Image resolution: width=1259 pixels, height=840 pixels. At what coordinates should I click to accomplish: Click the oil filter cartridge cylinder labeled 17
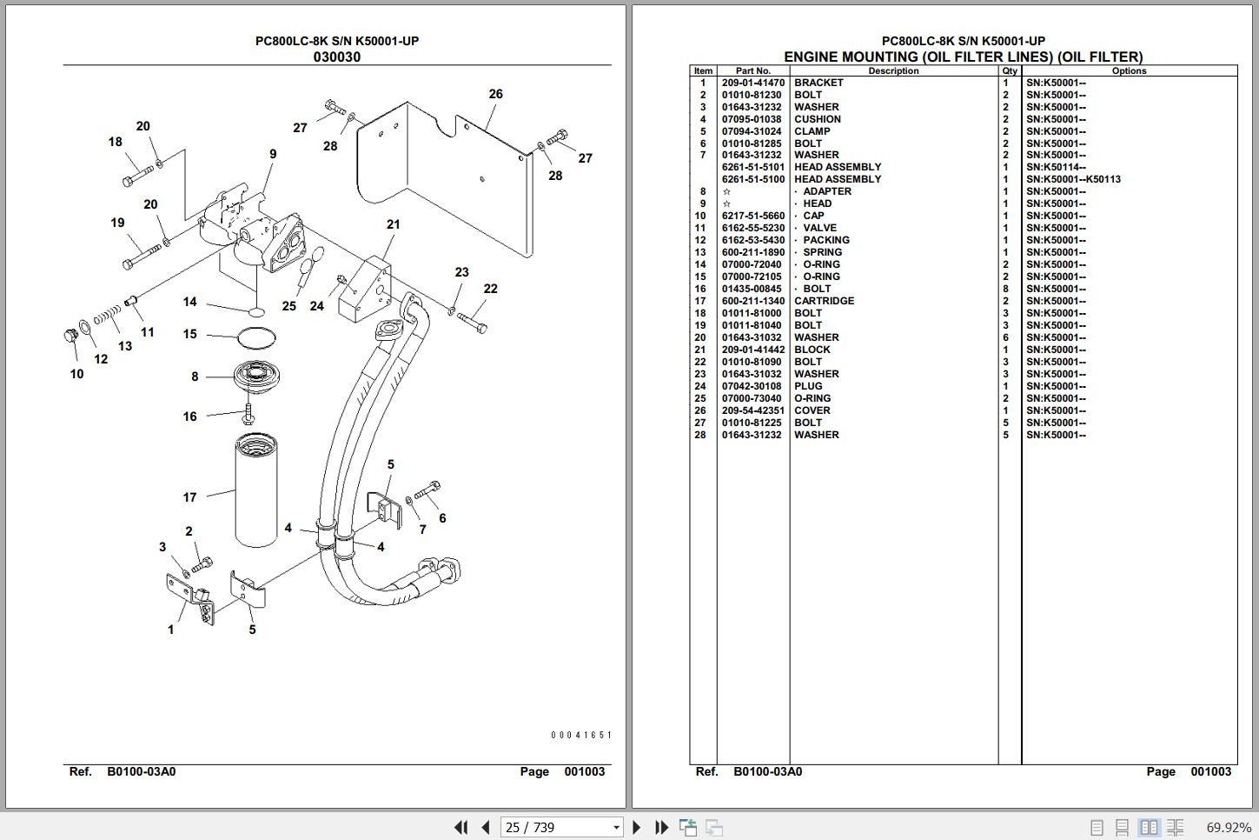[x=256, y=491]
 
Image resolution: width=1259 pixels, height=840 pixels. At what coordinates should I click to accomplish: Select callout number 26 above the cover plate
[x=495, y=94]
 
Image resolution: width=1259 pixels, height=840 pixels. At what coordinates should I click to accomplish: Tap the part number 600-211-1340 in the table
[x=752, y=301]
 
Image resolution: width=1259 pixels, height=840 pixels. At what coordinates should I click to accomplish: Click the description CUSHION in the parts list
[x=817, y=119]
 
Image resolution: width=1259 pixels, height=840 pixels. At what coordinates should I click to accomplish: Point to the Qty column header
[x=1009, y=71]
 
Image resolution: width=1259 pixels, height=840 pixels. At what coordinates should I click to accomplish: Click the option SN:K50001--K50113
[x=1073, y=179]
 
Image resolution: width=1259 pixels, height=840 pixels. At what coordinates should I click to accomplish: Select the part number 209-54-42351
[x=752, y=410]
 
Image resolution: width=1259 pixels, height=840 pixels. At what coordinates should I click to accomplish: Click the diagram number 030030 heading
[x=336, y=57]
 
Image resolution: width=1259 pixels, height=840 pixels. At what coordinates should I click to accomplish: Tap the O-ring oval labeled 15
[x=255, y=336]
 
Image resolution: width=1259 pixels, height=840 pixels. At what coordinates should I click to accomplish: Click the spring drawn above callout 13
[x=108, y=316]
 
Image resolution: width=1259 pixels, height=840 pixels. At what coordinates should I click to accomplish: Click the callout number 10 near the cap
[x=76, y=374]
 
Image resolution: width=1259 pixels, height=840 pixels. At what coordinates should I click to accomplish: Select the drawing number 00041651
[x=580, y=735]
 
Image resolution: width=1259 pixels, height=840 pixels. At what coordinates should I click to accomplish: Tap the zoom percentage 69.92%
[x=1228, y=827]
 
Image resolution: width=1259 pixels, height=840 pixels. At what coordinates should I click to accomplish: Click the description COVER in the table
[x=812, y=410]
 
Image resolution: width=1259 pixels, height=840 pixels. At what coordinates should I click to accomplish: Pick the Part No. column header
[x=752, y=71]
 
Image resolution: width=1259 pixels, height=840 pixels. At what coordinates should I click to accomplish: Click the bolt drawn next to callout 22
[x=472, y=321]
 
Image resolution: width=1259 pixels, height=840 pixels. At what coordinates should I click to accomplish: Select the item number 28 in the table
[x=700, y=435]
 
